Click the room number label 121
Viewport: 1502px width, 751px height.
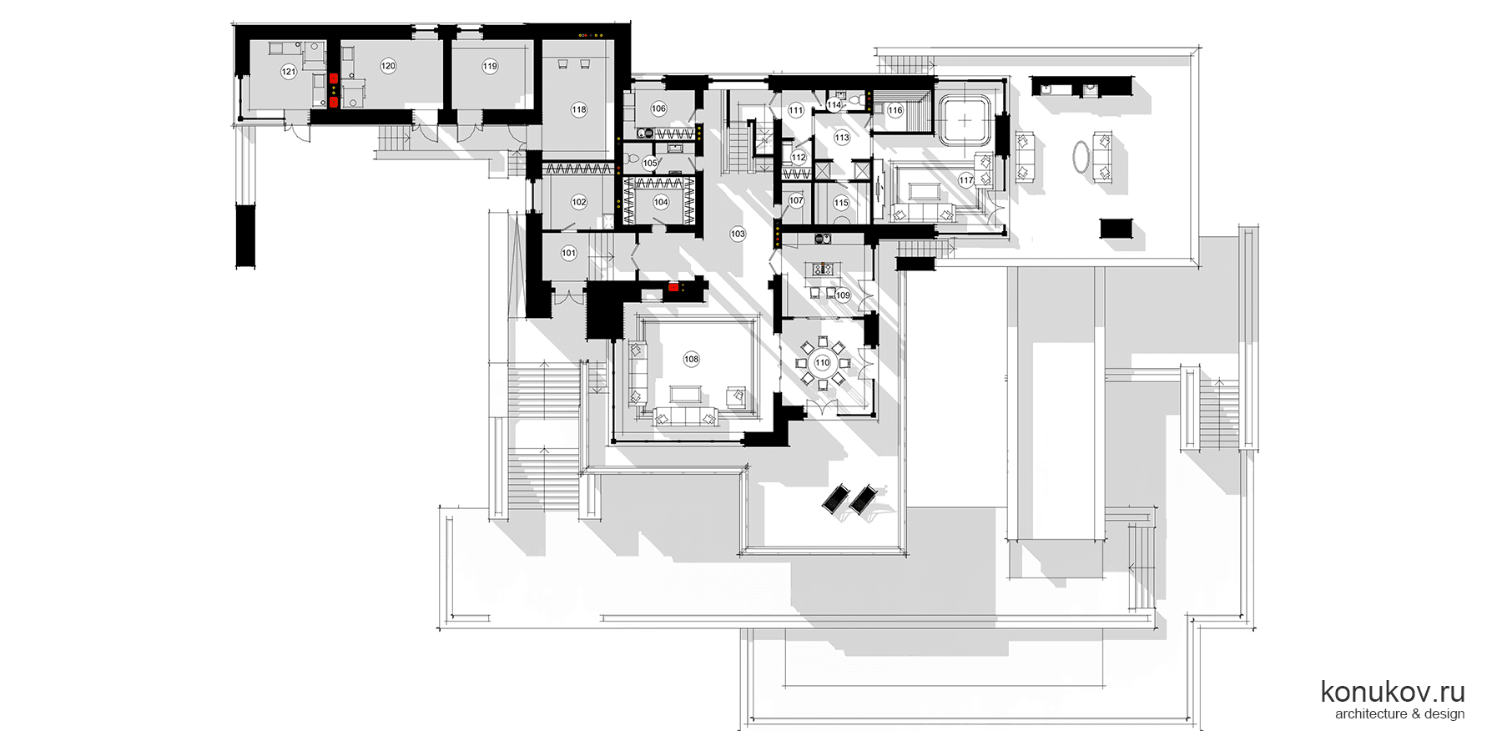pos(289,72)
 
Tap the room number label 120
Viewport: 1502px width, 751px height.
pos(388,66)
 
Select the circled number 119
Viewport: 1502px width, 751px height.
pos(490,66)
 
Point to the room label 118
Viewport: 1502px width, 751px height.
pos(579,109)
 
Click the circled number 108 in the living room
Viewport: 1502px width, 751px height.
pos(691,360)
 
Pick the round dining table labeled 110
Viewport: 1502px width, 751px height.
pos(823,363)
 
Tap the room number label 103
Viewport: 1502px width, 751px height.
pos(738,234)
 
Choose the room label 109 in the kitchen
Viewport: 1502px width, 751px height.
pos(843,295)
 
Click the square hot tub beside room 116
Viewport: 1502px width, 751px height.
pos(965,121)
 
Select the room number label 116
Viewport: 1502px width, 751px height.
pos(895,110)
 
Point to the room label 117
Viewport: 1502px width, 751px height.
pos(966,180)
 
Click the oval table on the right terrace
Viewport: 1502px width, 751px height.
pos(1081,156)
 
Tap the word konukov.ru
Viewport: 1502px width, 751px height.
pos(1393,692)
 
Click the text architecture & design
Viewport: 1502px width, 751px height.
pos(1399,713)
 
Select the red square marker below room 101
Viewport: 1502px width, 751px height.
pos(673,287)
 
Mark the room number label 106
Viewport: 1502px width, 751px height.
pos(658,108)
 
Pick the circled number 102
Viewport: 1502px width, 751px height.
pos(579,202)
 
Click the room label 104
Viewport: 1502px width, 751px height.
pos(661,202)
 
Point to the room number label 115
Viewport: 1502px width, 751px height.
pos(841,203)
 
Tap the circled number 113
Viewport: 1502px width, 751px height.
pos(842,138)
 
